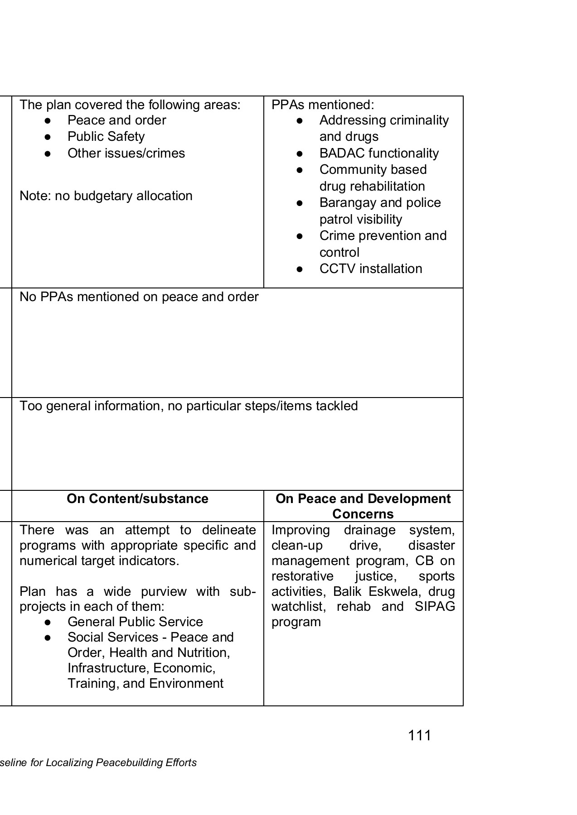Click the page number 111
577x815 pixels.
tap(419, 735)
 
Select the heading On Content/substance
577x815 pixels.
tap(137, 499)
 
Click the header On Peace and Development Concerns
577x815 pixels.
tap(363, 506)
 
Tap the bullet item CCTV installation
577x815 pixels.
tap(370, 268)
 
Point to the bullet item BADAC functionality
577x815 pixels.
tap(378, 153)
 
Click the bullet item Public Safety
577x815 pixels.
tap(106, 136)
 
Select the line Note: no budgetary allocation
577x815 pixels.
tap(106, 196)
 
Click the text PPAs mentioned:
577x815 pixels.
tap(323, 105)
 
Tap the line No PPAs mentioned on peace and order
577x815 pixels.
tap(139, 297)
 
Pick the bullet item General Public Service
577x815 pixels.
tap(135, 622)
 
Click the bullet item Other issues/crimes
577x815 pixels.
tap(126, 153)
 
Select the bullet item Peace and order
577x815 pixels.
tap(116, 120)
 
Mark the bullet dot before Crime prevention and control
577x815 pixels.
tap(299, 236)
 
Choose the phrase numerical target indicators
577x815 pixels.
tap(99, 561)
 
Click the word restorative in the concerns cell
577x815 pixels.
tap(302, 576)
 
